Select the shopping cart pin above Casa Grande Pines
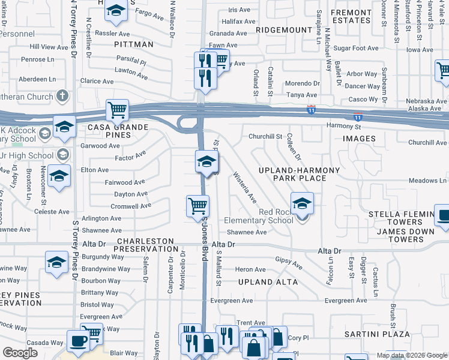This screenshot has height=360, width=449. pos(117,110)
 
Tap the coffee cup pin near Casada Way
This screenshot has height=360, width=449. pos(78,341)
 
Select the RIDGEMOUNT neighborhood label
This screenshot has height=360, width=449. pos(280,29)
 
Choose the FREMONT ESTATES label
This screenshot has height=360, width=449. pos(351,16)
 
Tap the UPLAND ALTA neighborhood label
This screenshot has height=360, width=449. pos(264,282)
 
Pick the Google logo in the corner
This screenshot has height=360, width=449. pos(20,353)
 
